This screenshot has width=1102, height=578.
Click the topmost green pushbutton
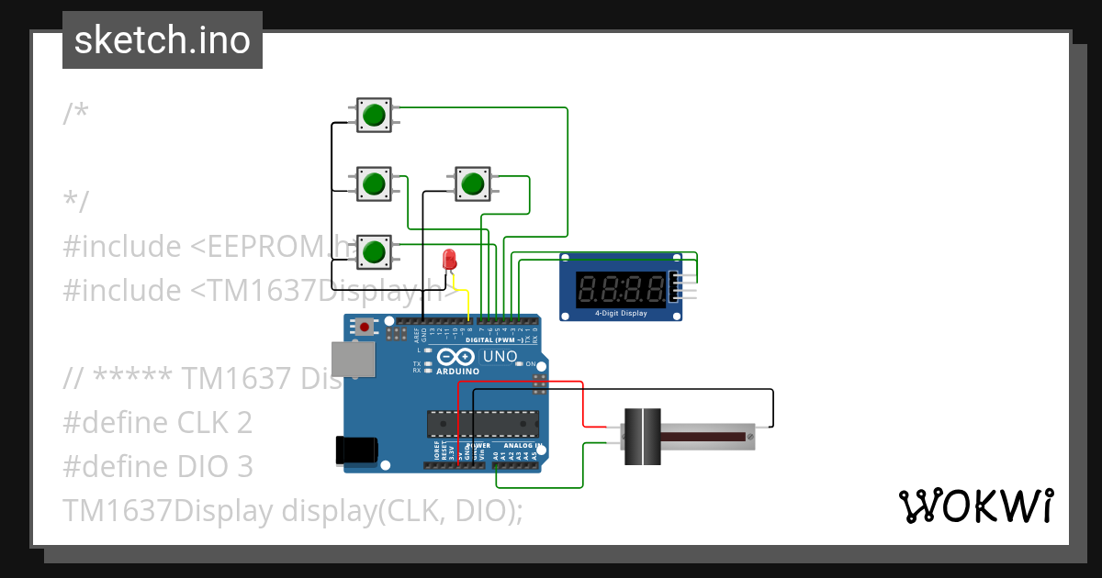(x=374, y=115)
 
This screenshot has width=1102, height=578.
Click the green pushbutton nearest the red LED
(x=374, y=250)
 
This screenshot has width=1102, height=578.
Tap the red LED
(x=449, y=259)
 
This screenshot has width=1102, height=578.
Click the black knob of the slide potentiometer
(x=643, y=437)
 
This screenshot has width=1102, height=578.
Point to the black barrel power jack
(x=356, y=449)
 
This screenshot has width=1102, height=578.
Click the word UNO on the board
(x=500, y=356)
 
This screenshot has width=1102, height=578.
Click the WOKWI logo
(x=975, y=506)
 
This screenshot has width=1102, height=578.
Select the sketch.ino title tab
(x=163, y=40)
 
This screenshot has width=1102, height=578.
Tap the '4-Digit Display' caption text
(x=621, y=314)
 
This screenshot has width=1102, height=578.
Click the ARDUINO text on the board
(x=458, y=371)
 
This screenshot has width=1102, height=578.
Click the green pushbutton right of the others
(x=473, y=183)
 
